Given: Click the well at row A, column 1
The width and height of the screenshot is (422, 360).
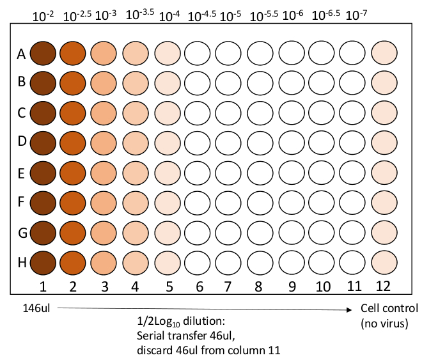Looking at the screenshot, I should (42, 53).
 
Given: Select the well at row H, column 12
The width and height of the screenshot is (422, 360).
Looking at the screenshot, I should (384, 262).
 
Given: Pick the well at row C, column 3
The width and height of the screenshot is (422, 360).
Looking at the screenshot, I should (104, 113).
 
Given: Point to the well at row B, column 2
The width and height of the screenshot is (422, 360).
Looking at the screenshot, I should (73, 83).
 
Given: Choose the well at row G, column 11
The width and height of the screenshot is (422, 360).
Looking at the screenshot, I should (353, 232).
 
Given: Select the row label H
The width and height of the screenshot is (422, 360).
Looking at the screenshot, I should (21, 263).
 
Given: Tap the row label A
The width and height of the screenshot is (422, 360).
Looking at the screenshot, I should (21, 54).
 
